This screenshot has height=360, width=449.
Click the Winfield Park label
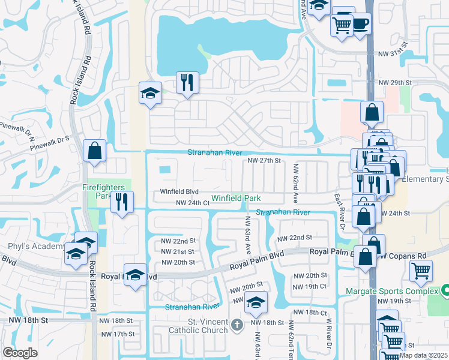point(235,197)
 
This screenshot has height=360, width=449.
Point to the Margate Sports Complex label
point(391,292)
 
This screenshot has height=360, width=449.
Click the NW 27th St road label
point(265,161)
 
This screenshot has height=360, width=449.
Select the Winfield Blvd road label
point(179,192)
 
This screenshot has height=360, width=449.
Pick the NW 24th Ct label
point(192,203)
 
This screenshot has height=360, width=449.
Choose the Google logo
point(20,353)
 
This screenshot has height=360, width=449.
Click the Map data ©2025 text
point(424,355)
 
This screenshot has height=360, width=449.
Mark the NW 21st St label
point(178,251)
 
